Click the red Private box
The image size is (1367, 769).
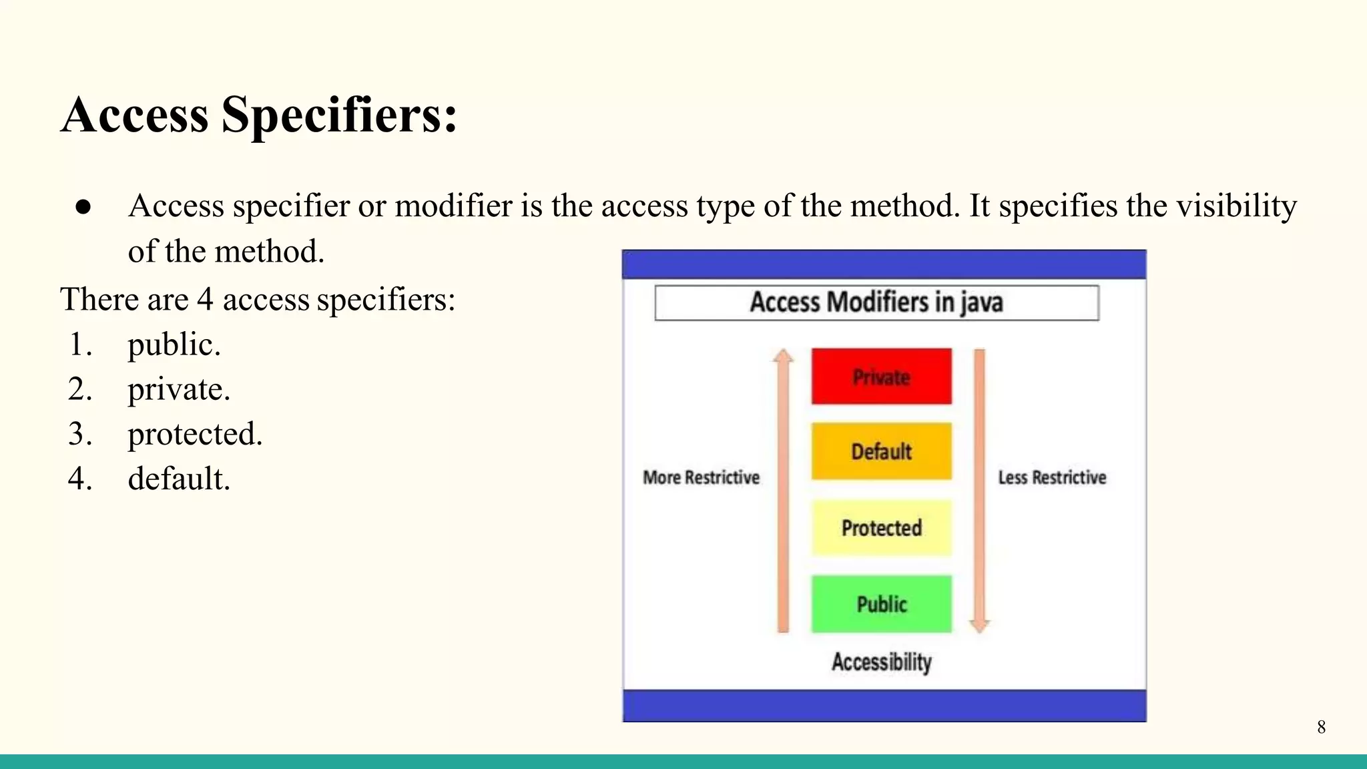(881, 376)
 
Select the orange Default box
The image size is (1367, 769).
(881, 451)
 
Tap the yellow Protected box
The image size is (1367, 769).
(881, 528)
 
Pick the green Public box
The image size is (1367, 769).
(881, 604)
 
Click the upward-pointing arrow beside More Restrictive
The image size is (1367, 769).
(783, 491)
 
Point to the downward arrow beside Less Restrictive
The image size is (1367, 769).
(979, 491)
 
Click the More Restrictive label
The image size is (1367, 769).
(701, 477)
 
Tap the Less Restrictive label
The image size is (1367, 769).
(1052, 477)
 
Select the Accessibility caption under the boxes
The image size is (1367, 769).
(881, 662)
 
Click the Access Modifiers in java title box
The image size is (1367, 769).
(876, 302)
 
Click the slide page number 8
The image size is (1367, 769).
(1321, 727)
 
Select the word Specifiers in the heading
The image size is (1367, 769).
(339, 115)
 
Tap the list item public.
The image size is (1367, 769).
(174, 345)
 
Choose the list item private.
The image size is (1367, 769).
(179, 390)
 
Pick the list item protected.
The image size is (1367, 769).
(195, 435)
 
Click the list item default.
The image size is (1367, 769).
(179, 479)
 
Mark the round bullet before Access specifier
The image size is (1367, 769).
(83, 207)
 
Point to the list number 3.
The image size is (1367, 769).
(79, 435)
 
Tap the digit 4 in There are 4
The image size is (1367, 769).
(205, 300)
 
